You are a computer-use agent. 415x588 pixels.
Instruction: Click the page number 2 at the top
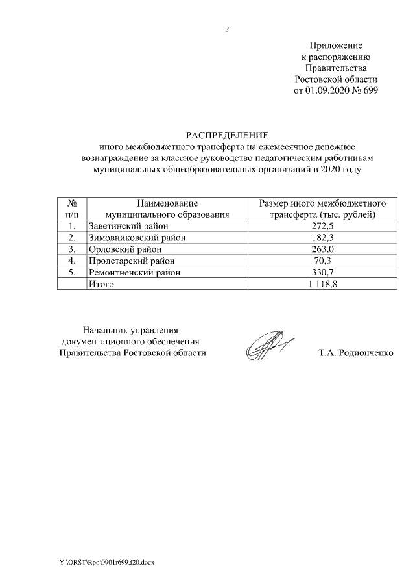pyautogui.click(x=226, y=29)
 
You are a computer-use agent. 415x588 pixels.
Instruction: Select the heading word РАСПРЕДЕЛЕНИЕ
pyautogui.click(x=226, y=135)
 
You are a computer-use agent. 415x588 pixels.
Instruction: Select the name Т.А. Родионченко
pyautogui.click(x=356, y=353)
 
